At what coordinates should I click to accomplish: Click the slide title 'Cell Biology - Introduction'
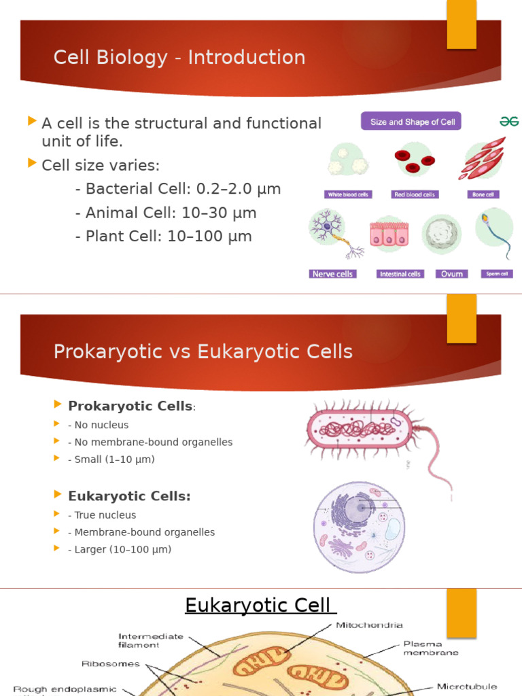click(x=179, y=58)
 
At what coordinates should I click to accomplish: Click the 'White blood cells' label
click(x=349, y=194)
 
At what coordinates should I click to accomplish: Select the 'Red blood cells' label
click(x=415, y=194)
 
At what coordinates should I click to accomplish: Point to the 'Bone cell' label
click(x=482, y=194)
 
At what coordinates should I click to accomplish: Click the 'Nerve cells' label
click(x=332, y=274)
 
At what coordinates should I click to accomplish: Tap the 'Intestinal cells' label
click(x=400, y=274)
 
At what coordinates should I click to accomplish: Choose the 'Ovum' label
click(x=451, y=274)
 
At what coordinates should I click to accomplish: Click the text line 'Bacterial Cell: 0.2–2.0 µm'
click(x=177, y=189)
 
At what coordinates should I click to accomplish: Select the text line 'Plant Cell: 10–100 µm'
click(x=163, y=237)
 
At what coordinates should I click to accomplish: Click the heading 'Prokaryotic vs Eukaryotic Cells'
click(x=203, y=351)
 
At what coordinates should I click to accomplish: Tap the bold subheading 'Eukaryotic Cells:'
click(x=129, y=496)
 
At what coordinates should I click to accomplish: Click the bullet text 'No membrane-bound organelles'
click(x=150, y=442)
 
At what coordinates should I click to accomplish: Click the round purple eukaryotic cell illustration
click(x=359, y=527)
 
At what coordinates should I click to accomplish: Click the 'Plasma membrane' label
click(x=431, y=648)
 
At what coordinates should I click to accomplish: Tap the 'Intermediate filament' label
click(x=151, y=640)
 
